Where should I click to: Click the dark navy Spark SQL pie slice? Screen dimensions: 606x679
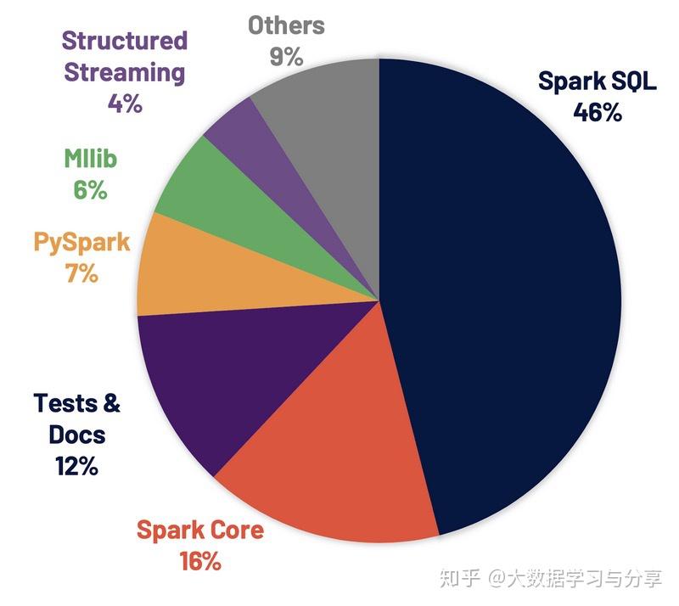[501, 297]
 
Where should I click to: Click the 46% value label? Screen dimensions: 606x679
[597, 112]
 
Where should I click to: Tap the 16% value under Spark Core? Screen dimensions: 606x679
[200, 561]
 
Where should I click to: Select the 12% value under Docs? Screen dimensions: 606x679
[76, 466]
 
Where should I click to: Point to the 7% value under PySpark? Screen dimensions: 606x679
[81, 274]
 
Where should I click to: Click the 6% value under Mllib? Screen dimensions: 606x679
[90, 190]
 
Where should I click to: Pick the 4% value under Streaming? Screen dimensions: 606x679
[125, 104]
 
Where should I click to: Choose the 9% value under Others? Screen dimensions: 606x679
[286, 57]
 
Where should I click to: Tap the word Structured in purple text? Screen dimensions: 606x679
[125, 41]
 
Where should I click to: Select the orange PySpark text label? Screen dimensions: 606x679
[82, 242]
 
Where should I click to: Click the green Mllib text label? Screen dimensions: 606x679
[91, 159]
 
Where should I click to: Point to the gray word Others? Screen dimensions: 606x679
[286, 25]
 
